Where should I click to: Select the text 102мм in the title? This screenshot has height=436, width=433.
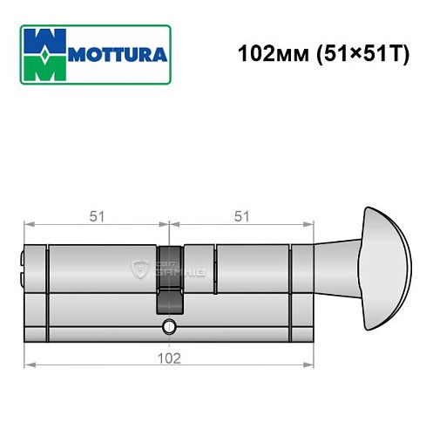click(x=265, y=51)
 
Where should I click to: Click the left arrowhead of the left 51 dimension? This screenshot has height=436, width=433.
click(x=28, y=224)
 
